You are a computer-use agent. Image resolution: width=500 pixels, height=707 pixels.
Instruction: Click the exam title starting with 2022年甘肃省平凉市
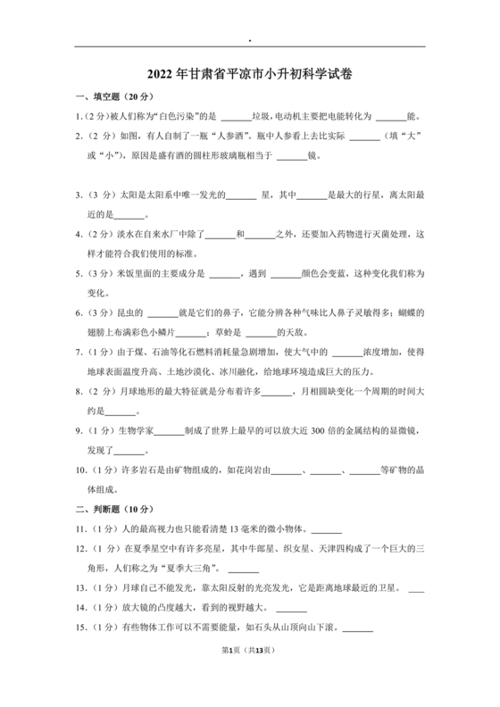(x=250, y=75)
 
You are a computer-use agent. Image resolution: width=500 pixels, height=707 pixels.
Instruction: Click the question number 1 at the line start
(x=77, y=116)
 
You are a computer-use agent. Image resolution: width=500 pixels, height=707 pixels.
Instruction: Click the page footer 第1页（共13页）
(x=250, y=675)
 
